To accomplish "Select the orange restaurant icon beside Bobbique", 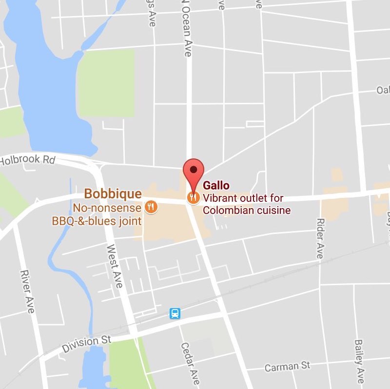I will click(151, 207).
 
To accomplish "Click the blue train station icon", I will click(175, 313).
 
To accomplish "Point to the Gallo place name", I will click(216, 186).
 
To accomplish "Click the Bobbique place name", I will click(113, 194).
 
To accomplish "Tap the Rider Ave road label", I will click(320, 239).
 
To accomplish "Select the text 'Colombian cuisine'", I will click(247, 211).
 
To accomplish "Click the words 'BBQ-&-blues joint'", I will click(97, 221).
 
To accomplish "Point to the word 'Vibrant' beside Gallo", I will click(218, 198).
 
